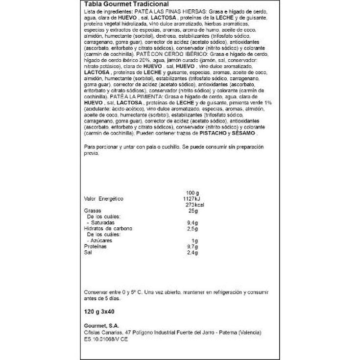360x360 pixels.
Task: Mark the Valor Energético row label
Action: coord(103,198)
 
